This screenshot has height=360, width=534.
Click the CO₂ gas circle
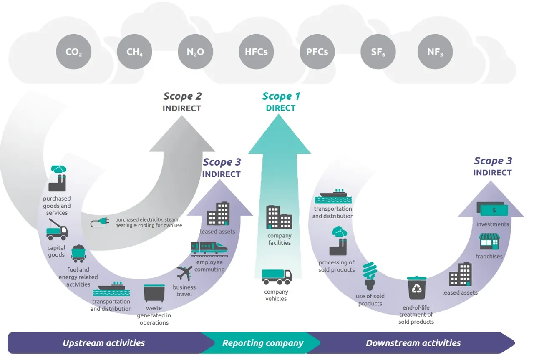[x=74, y=52]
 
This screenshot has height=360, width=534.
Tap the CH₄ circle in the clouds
[x=134, y=52]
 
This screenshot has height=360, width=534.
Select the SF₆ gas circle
[x=378, y=52]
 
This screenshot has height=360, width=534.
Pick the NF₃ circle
[x=435, y=52]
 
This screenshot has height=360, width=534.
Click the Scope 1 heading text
[x=281, y=96]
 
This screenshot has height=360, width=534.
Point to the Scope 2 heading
[x=182, y=96]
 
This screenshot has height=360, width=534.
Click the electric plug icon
[x=100, y=222]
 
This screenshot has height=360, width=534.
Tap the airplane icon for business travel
[x=184, y=273]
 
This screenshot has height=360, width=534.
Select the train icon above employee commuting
[x=209, y=249]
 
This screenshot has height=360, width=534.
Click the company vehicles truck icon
[x=277, y=277]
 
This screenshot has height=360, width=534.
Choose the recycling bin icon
[x=416, y=288]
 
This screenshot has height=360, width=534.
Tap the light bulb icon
[x=370, y=276]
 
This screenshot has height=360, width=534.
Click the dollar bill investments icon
[x=492, y=209]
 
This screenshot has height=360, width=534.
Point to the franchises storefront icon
[x=489, y=242]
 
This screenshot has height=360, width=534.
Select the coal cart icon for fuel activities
[x=78, y=254]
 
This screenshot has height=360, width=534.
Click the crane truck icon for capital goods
[x=57, y=229]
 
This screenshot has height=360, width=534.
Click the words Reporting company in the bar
[x=263, y=343]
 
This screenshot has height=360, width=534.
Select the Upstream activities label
[x=104, y=343]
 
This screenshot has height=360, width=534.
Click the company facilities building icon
[x=279, y=217]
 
